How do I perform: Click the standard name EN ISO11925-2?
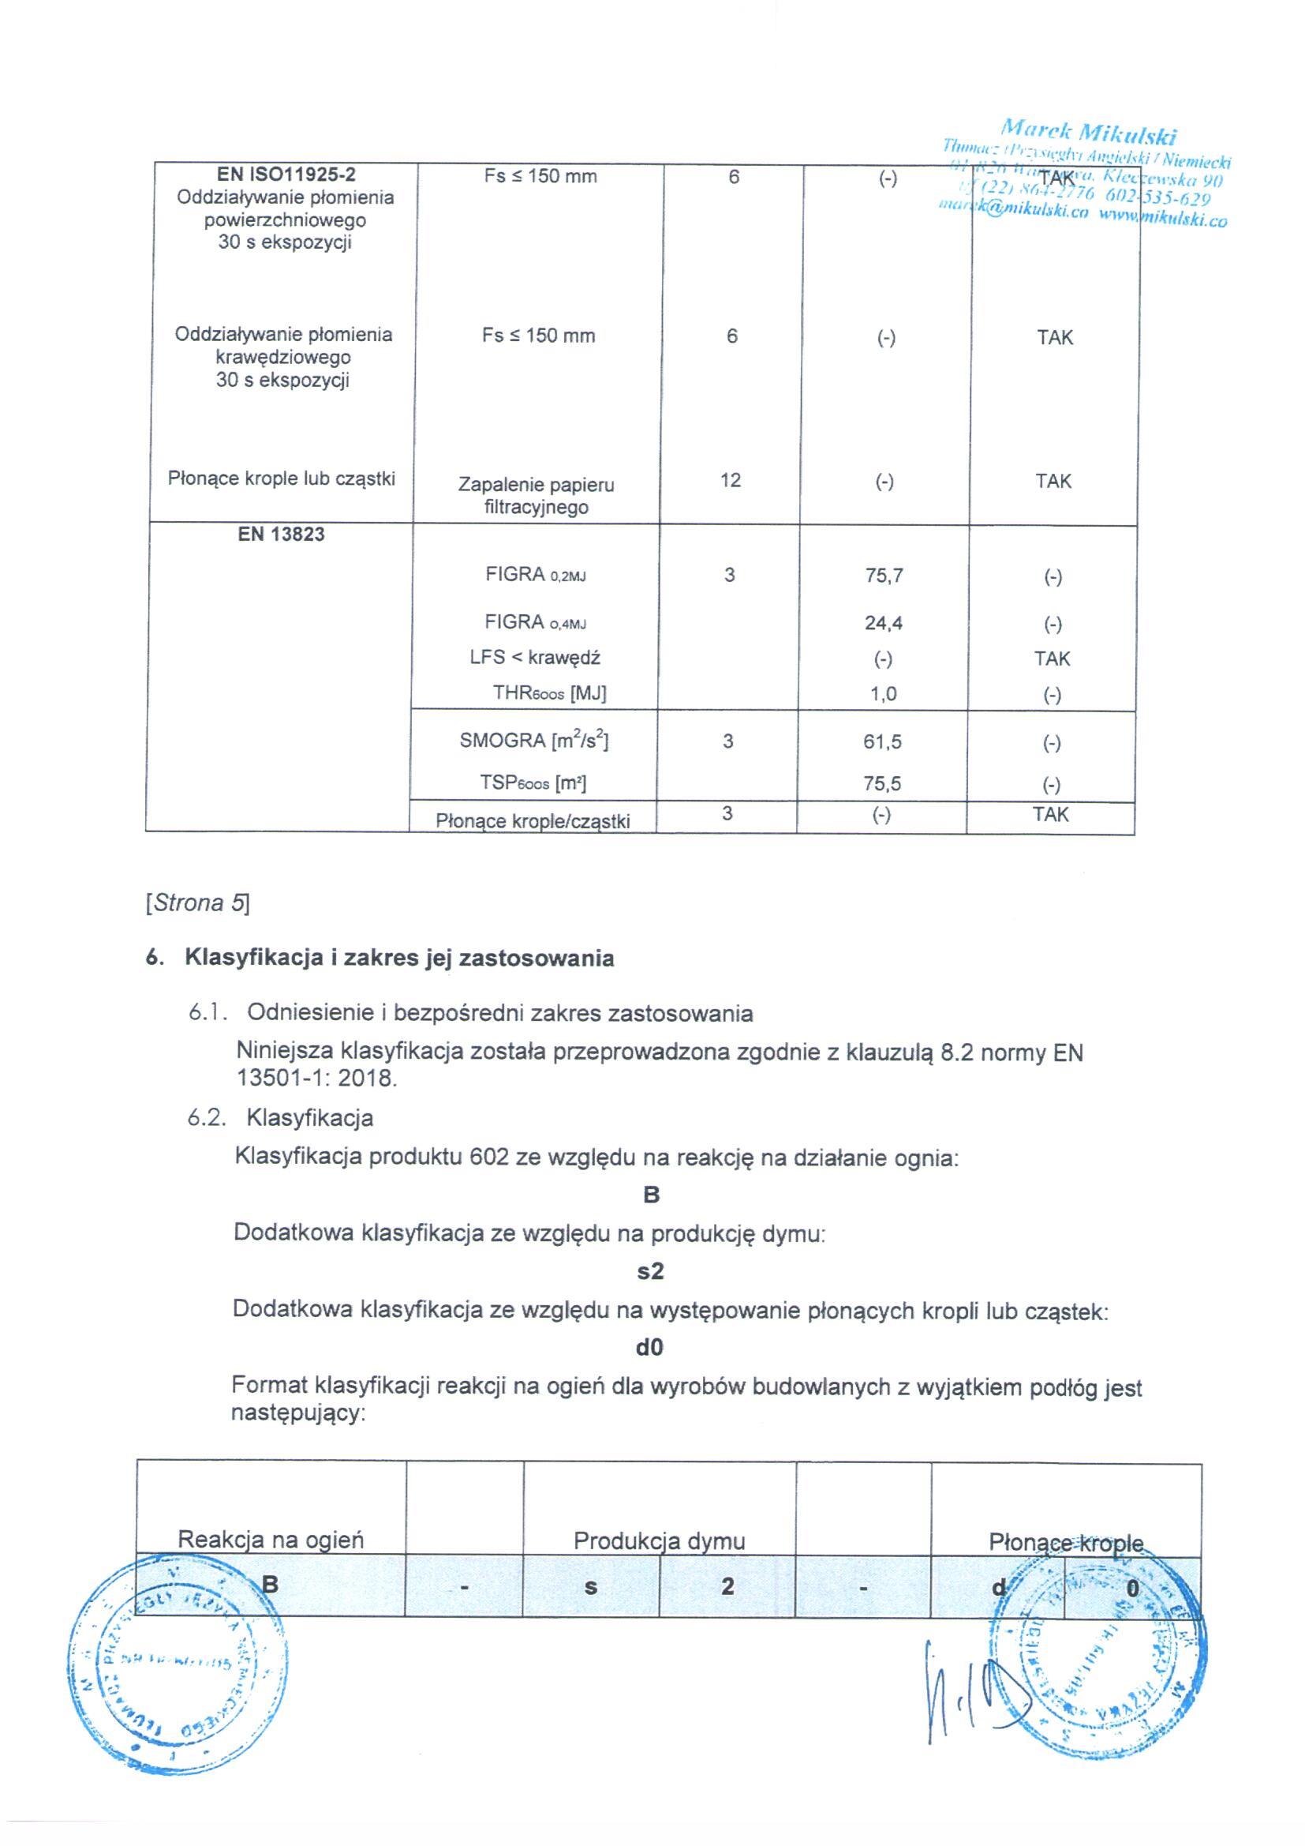pyautogui.click(x=286, y=174)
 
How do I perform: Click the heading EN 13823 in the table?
pyautogui.click(x=280, y=535)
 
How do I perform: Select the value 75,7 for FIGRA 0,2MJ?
pyautogui.click(x=884, y=576)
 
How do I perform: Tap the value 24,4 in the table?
pyautogui.click(x=883, y=623)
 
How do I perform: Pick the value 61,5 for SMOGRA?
pyautogui.click(x=882, y=742)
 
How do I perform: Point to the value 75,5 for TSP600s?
pyautogui.click(x=882, y=784)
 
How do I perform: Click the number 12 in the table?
pyautogui.click(x=731, y=481)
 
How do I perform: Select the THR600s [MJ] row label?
pyautogui.click(x=550, y=694)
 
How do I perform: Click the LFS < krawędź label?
pyautogui.click(x=535, y=658)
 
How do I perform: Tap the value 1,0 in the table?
pyautogui.click(x=883, y=694)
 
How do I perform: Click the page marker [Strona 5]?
pyautogui.click(x=198, y=904)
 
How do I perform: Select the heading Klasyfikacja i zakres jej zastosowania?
pyautogui.click(x=399, y=959)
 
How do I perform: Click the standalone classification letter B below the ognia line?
pyautogui.click(x=651, y=1195)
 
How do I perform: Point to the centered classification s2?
pyautogui.click(x=650, y=1271)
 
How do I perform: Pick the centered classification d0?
pyautogui.click(x=649, y=1348)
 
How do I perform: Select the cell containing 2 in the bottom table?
pyautogui.click(x=727, y=1586)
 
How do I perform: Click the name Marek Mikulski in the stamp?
pyautogui.click(x=1089, y=131)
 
